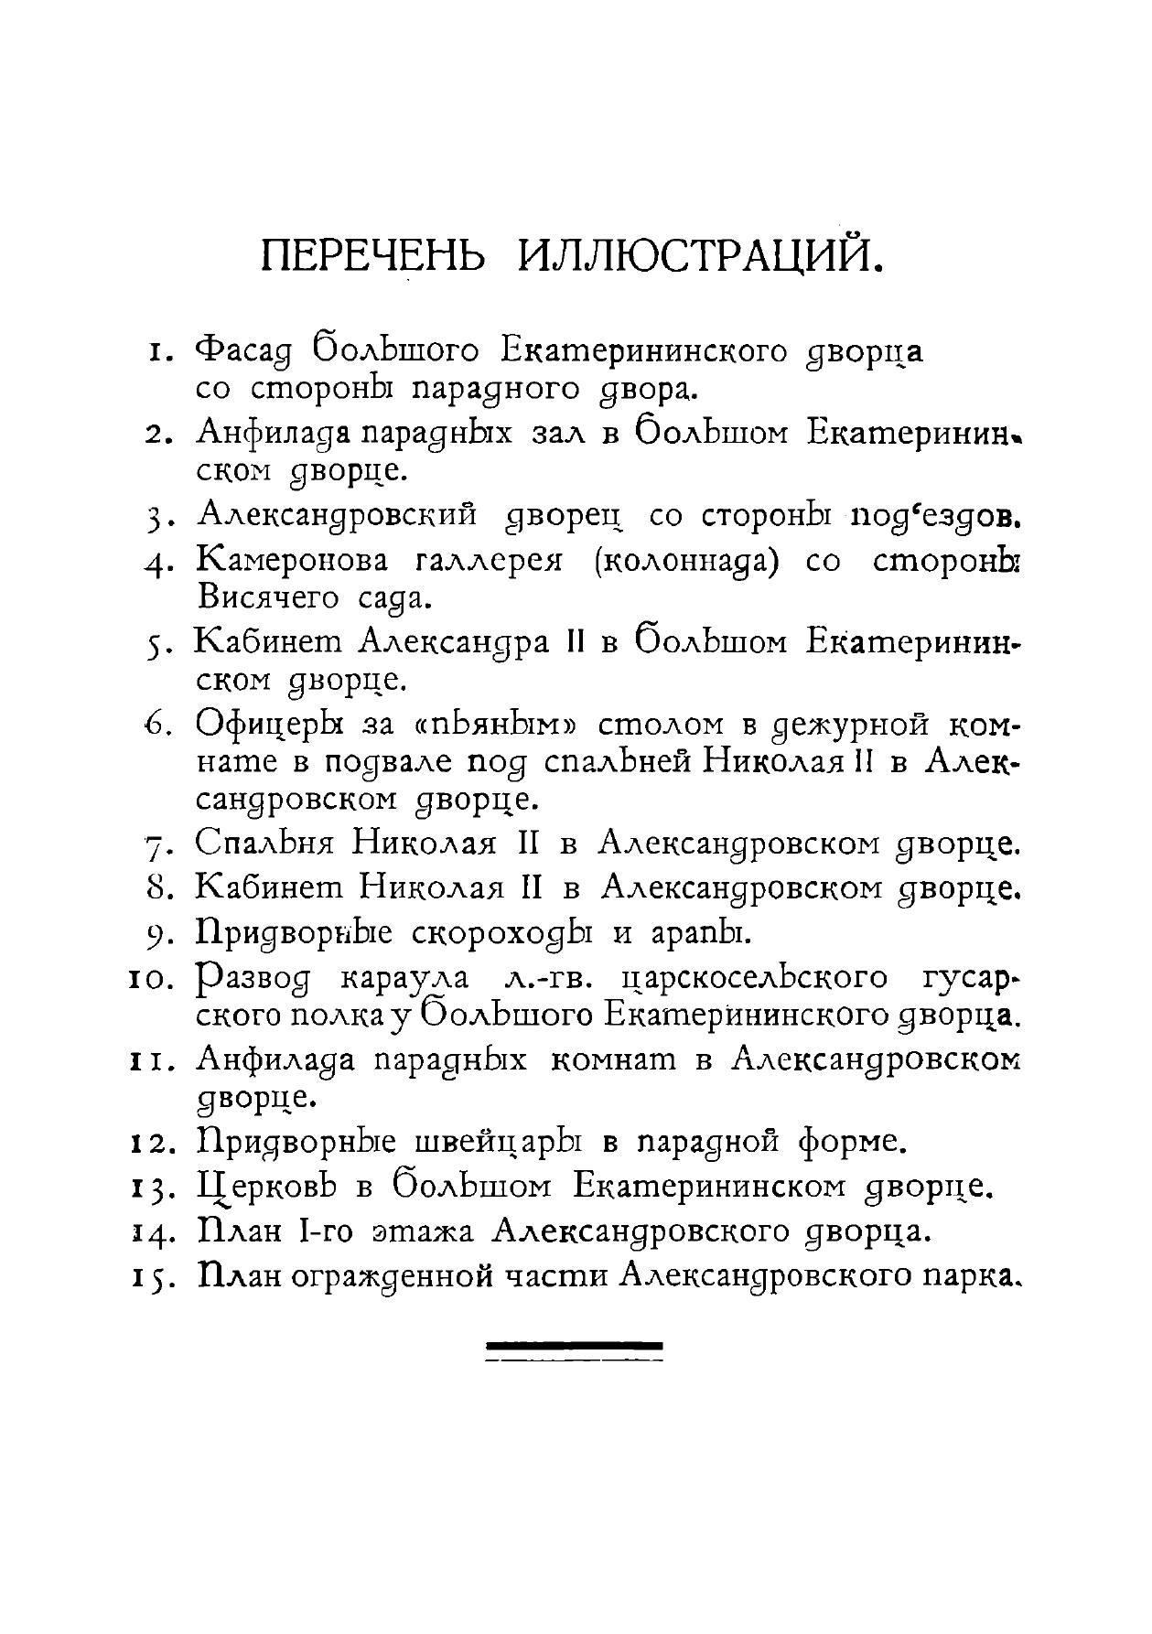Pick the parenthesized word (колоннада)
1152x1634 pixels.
(x=686, y=561)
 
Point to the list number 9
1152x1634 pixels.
(x=154, y=935)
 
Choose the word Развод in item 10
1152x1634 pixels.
(x=254, y=979)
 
